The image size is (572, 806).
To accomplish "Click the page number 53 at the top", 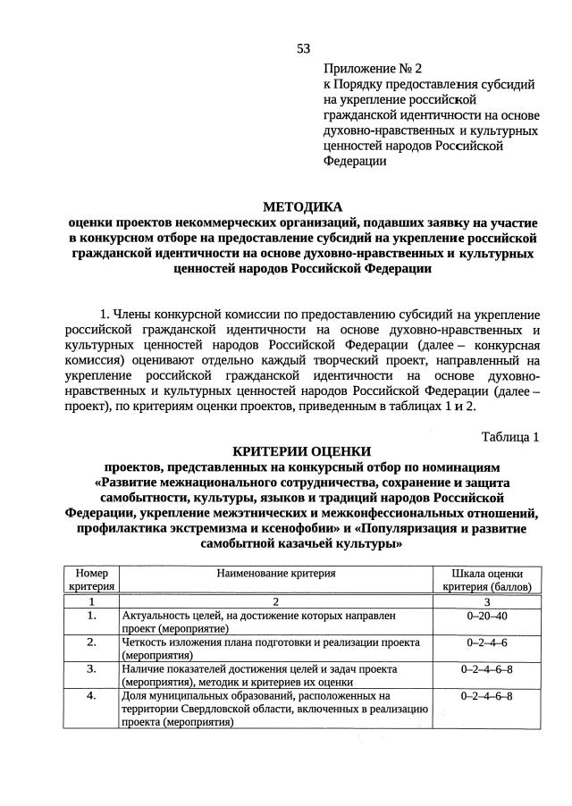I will (303, 48).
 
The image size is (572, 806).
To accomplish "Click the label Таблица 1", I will (510, 437).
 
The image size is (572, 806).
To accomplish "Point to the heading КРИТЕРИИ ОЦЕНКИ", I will (301, 452).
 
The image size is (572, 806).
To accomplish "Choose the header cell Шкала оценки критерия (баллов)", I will (487, 580).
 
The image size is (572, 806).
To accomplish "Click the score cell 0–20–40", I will (487, 617).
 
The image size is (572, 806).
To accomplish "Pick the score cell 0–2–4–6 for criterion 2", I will (487, 642).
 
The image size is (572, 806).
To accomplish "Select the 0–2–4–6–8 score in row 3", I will (487, 668).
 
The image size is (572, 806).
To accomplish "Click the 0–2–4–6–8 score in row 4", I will (487, 695).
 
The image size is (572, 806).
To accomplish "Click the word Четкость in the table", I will (145, 642).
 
